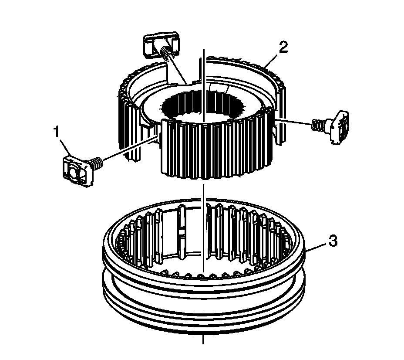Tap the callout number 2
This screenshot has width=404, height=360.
point(283,47)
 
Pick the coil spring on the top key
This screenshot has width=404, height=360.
point(166,53)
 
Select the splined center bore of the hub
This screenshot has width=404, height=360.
point(202,105)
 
